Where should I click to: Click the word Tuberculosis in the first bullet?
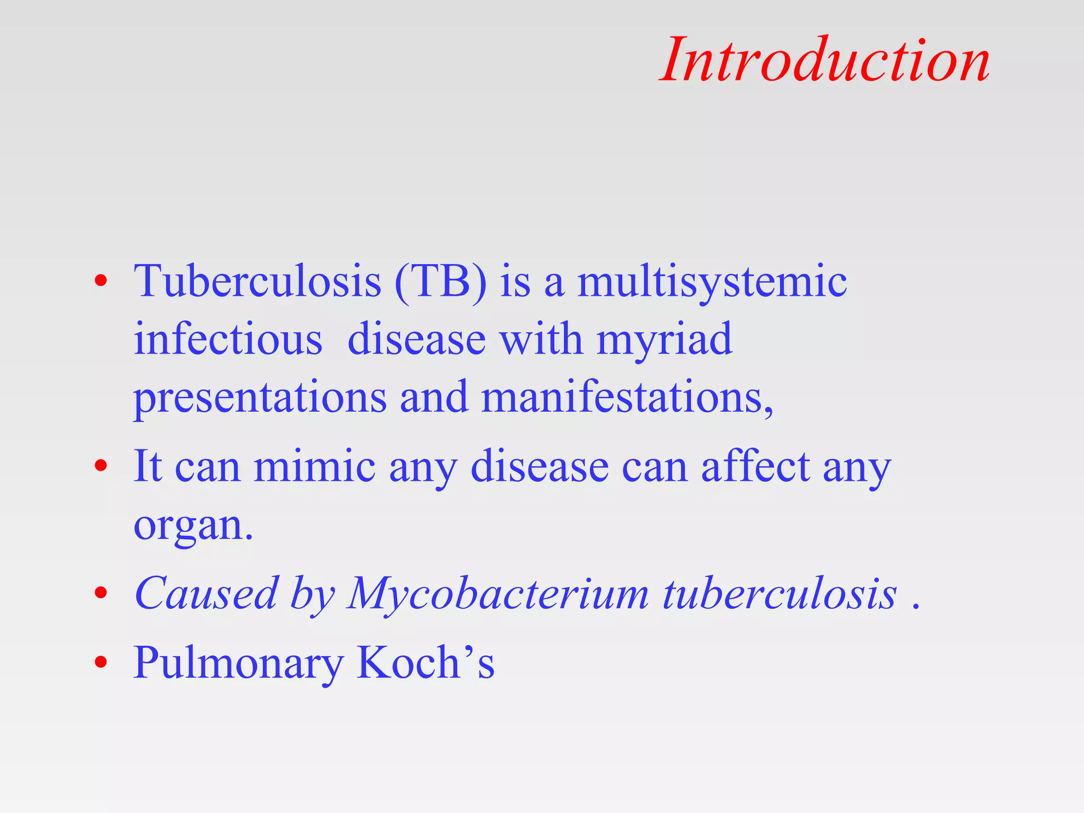[x=257, y=281]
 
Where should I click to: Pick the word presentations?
[x=260, y=398]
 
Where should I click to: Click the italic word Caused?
[x=206, y=593]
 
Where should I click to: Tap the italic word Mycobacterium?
[x=498, y=594]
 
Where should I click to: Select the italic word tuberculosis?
[x=780, y=593]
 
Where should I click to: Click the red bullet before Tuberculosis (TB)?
[x=101, y=281]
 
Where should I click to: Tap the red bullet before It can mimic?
[x=101, y=466]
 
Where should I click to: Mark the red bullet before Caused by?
[x=101, y=593]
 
